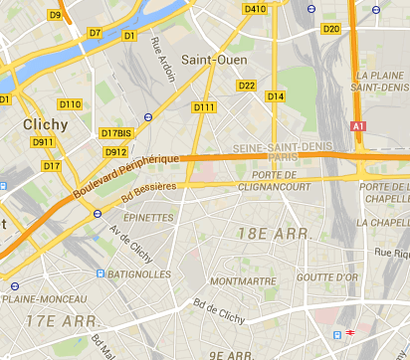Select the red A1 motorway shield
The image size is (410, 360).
pyautogui.click(x=359, y=127)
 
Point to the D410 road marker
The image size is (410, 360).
pyautogui.click(x=255, y=9)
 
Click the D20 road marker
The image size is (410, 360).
pyautogui.click(x=332, y=28)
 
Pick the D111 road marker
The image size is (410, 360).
pyautogui.click(x=204, y=107)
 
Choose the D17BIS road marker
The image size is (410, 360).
pyautogui.click(x=115, y=133)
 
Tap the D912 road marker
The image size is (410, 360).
pyautogui.click(x=115, y=152)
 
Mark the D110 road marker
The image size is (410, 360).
pyautogui.click(x=70, y=104)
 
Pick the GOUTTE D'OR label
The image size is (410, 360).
pyautogui.click(x=325, y=277)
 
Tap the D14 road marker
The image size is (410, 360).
pyautogui.click(x=276, y=96)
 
